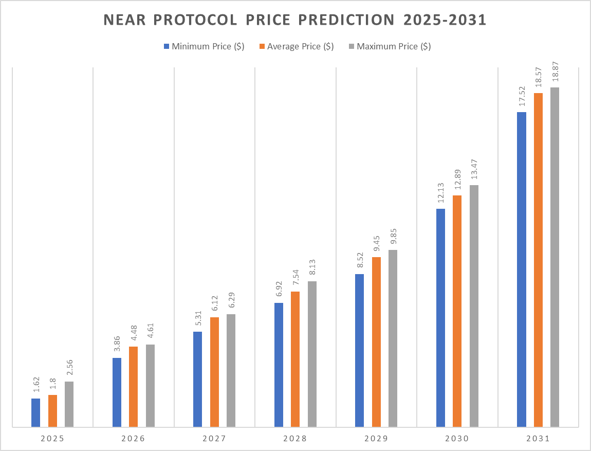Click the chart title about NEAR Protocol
point(295,20)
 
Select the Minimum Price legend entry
point(204,46)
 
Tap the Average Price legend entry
point(297,46)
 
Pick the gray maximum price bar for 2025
point(69,404)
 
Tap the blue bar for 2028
point(279,365)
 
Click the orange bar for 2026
point(133,386)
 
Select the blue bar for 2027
point(198,379)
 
